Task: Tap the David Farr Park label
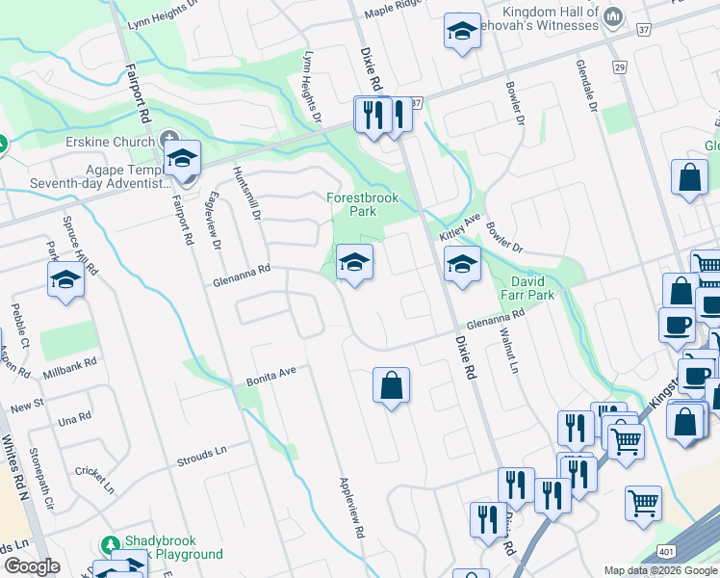pyautogui.click(x=528, y=289)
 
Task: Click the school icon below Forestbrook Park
pyautogui.click(x=354, y=263)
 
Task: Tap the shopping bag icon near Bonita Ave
pyautogui.click(x=392, y=386)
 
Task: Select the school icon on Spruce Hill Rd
pyautogui.click(x=65, y=280)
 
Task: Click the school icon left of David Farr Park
pyautogui.click(x=462, y=263)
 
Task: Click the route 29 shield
pyautogui.click(x=619, y=66)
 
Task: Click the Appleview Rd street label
pyautogui.click(x=350, y=507)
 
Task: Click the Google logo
pyautogui.click(x=32, y=566)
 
